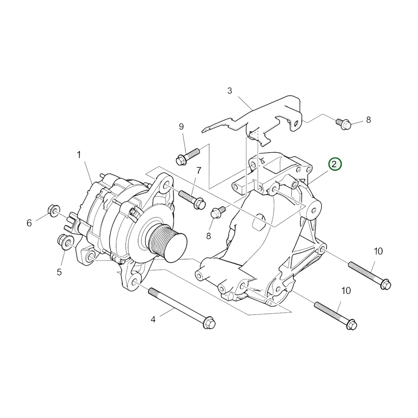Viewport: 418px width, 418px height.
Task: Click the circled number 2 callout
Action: coord(335,165)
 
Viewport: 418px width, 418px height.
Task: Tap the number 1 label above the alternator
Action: coord(79,155)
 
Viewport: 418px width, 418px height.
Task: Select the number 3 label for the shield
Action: coord(229,91)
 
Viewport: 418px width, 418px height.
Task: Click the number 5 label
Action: coord(59,272)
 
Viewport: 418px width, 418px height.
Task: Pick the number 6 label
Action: coord(29,223)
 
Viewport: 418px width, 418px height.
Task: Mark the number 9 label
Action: coord(181,126)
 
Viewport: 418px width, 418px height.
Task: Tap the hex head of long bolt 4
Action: coord(209,327)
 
